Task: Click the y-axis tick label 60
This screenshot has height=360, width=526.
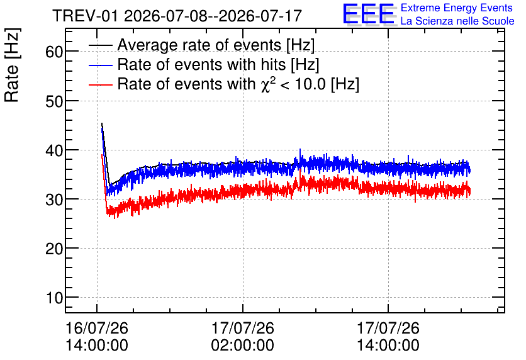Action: [x=54, y=52]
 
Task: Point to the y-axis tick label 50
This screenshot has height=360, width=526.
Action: [x=54, y=101]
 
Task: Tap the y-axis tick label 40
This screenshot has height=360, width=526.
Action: [x=54, y=150]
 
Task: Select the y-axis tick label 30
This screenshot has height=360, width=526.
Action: [x=54, y=200]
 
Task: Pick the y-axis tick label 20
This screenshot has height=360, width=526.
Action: [x=54, y=249]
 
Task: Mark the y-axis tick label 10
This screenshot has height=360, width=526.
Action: [x=54, y=298]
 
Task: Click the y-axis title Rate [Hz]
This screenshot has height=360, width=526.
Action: [x=12, y=65]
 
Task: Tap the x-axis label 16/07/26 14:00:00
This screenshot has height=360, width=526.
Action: [x=97, y=337]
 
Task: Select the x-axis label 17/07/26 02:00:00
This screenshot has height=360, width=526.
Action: [x=242, y=337]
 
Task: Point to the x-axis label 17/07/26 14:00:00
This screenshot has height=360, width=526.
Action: [x=388, y=337]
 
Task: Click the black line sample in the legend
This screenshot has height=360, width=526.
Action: [x=100, y=45]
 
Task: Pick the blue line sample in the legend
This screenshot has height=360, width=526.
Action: [x=100, y=65]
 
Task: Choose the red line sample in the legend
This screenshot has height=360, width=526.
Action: [x=100, y=84]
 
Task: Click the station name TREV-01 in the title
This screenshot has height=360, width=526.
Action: [x=85, y=16]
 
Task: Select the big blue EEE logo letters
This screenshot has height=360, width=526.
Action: [x=369, y=14]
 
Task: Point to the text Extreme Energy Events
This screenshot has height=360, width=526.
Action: [x=457, y=8]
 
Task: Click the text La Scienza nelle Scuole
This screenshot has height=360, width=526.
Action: [x=457, y=21]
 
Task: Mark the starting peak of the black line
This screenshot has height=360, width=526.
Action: [x=102, y=123]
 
